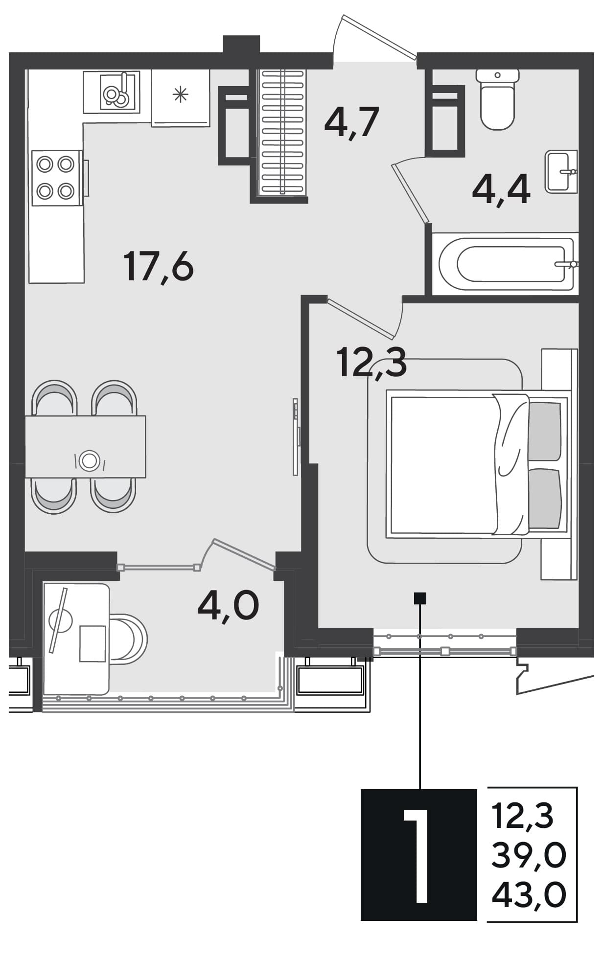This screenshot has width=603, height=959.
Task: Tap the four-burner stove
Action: pos(56,178)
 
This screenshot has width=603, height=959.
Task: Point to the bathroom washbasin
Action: pos(561,171)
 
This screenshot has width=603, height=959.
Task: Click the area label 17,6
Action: pos(159,266)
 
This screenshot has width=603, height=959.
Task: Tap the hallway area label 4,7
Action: pos(351,122)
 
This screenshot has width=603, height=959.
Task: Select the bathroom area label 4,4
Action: pos(501,190)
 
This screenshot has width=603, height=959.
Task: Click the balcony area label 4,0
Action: pos(228,605)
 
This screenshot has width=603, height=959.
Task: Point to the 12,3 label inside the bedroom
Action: pos(371,363)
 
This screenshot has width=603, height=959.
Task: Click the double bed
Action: pos(477,462)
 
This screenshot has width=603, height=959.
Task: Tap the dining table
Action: pos(86,447)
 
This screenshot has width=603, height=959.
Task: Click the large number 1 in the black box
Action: pos(417,855)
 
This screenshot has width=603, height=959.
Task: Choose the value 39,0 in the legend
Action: pos(529,855)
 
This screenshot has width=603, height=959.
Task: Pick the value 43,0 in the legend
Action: pos(529,895)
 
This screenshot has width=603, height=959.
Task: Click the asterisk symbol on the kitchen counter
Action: pos(181,94)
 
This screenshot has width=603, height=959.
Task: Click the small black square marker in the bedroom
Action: pos(420,598)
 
